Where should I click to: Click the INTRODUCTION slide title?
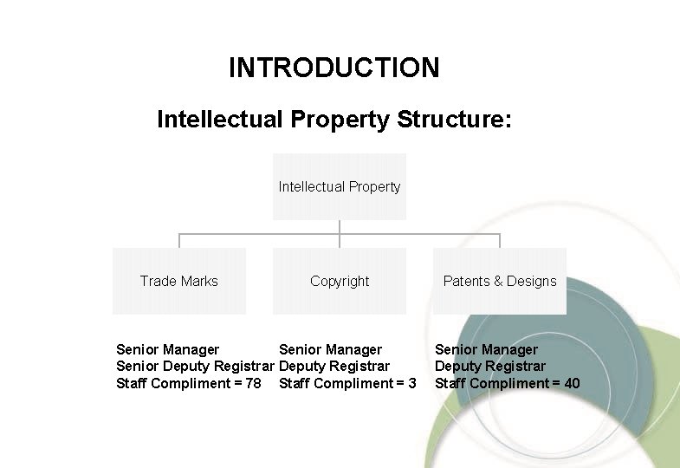point(334,68)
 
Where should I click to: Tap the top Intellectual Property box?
point(340,186)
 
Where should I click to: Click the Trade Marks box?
point(179,281)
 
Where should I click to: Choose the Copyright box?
point(340,281)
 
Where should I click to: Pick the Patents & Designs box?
point(500,281)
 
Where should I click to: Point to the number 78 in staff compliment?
point(253,383)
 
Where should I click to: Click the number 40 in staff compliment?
point(572,383)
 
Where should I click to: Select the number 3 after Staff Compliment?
point(412,383)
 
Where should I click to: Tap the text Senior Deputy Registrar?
point(195,367)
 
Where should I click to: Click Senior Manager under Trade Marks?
point(167,350)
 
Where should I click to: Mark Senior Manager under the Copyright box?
point(330,350)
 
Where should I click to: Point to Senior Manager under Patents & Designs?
point(486,350)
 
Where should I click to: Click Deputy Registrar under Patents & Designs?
point(490,367)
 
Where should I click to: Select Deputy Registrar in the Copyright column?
point(334,367)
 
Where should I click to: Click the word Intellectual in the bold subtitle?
point(219,119)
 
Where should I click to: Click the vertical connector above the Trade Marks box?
point(179,241)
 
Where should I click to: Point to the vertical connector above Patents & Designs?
point(500,241)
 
